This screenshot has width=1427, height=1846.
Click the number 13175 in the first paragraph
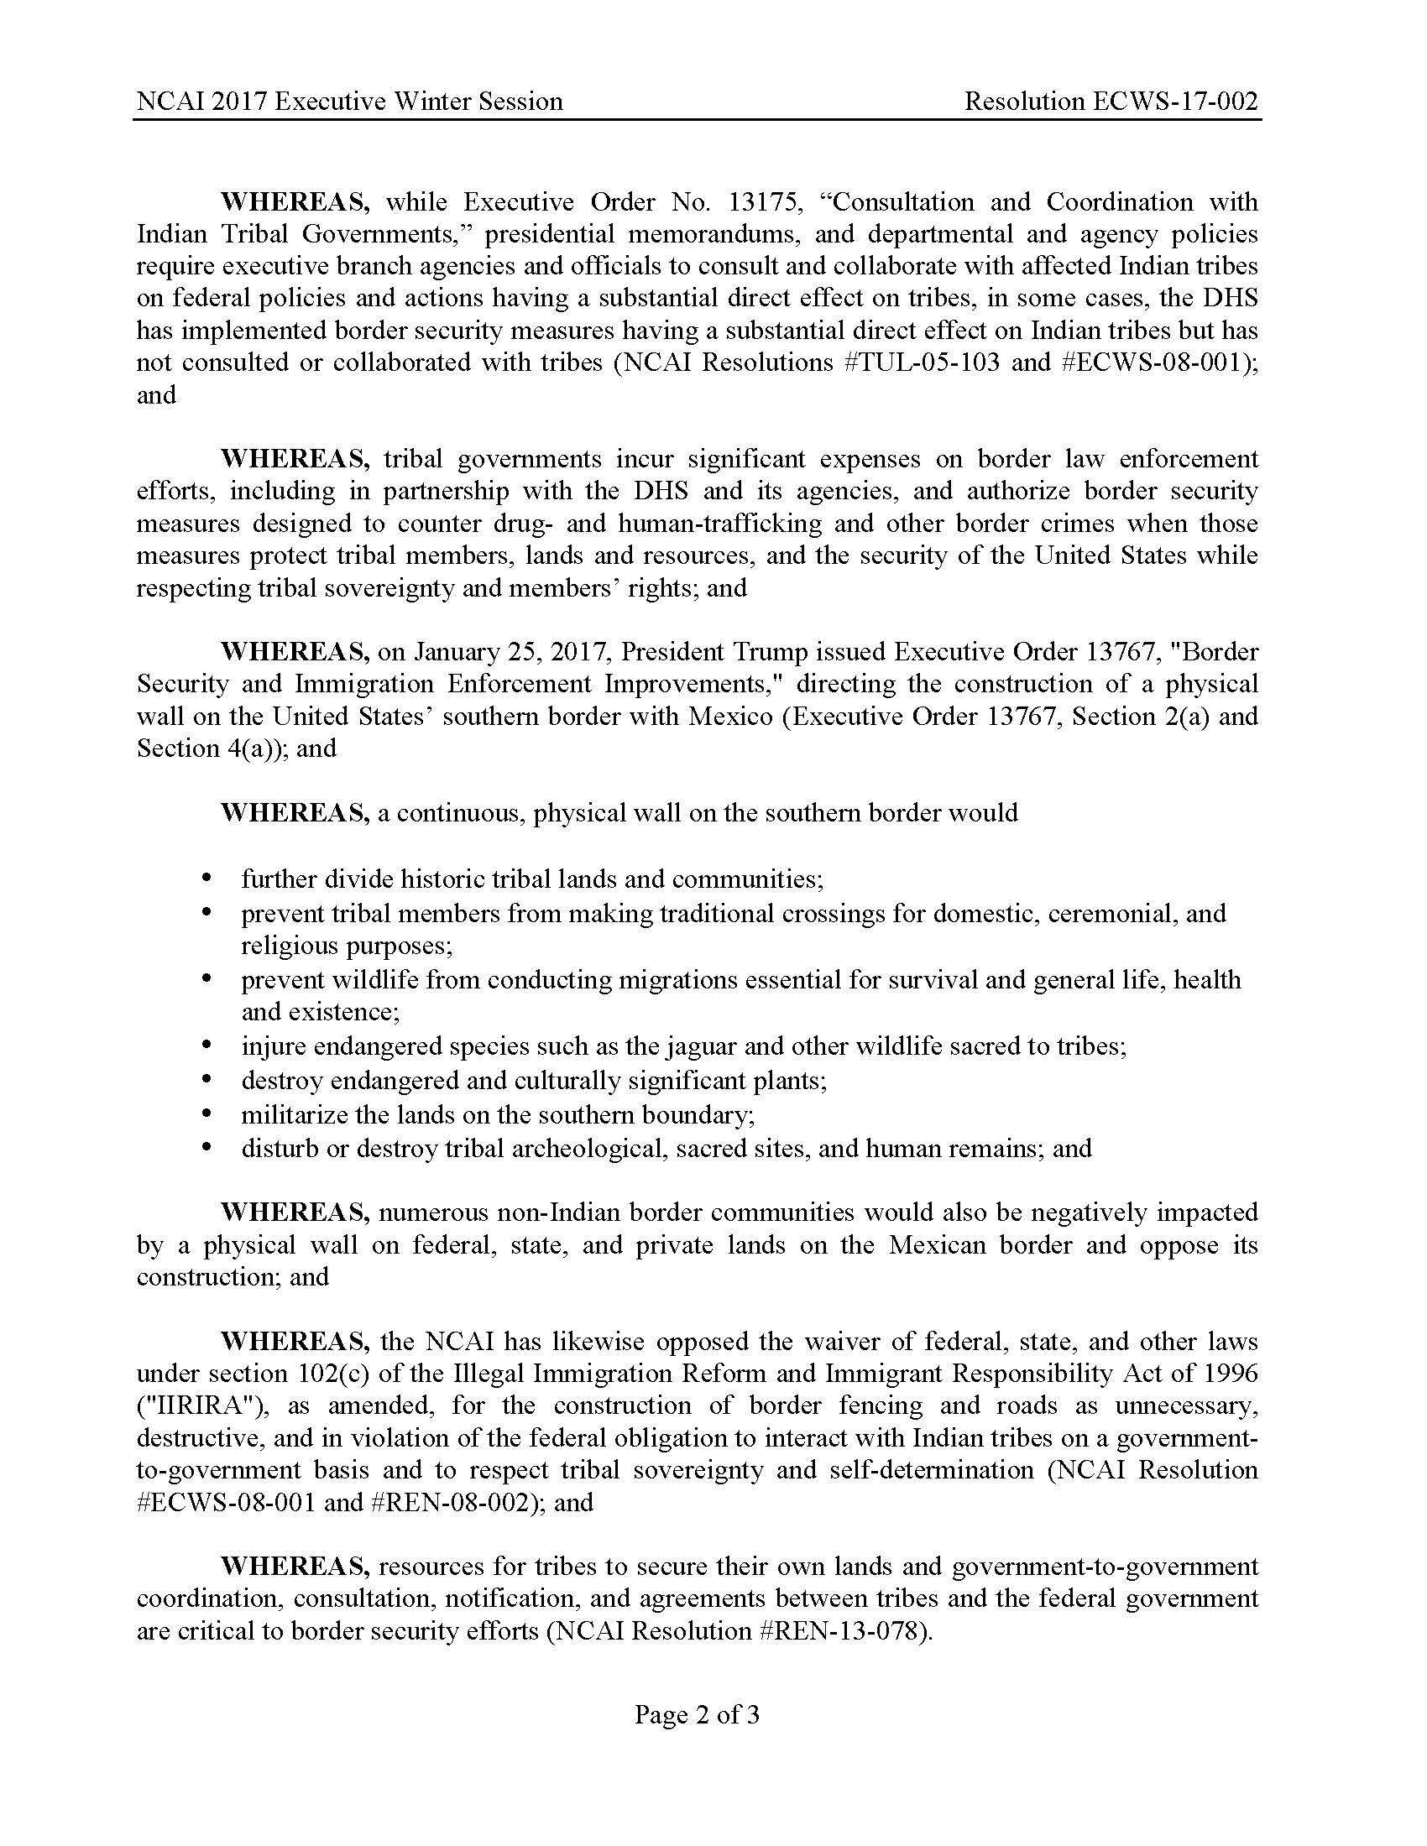click(x=760, y=202)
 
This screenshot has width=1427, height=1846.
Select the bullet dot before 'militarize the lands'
click(x=206, y=1115)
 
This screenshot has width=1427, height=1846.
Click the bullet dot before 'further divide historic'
click(x=206, y=879)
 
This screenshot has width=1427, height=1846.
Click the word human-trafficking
click(x=719, y=524)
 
